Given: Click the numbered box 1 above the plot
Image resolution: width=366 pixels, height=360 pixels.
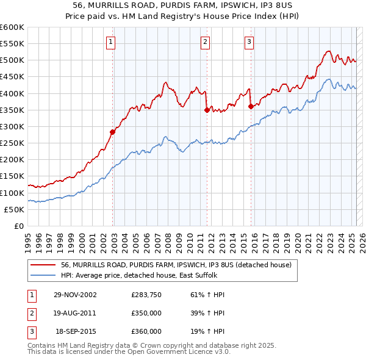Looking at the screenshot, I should pyautogui.click(x=110, y=42).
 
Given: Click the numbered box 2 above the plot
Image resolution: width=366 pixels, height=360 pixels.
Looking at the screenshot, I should pyautogui.click(x=205, y=42).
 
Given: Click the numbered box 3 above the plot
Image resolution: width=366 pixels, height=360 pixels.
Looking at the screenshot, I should pyautogui.click(x=249, y=42).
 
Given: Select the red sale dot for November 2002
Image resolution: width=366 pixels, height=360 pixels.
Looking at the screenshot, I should pyautogui.click(x=113, y=132).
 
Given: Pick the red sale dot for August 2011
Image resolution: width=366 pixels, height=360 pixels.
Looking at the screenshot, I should pyautogui.click(x=207, y=110).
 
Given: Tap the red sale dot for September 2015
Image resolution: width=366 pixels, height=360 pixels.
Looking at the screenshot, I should pyautogui.click(x=251, y=106).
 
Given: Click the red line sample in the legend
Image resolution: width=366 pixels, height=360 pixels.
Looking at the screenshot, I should pyautogui.click(x=43, y=265).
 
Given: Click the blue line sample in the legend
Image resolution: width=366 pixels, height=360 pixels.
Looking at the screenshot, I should pyautogui.click(x=43, y=275).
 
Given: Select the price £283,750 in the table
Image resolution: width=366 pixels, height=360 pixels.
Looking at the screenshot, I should pyautogui.click(x=146, y=295).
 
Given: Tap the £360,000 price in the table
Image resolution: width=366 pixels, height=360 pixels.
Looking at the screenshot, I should pyautogui.click(x=146, y=331).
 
